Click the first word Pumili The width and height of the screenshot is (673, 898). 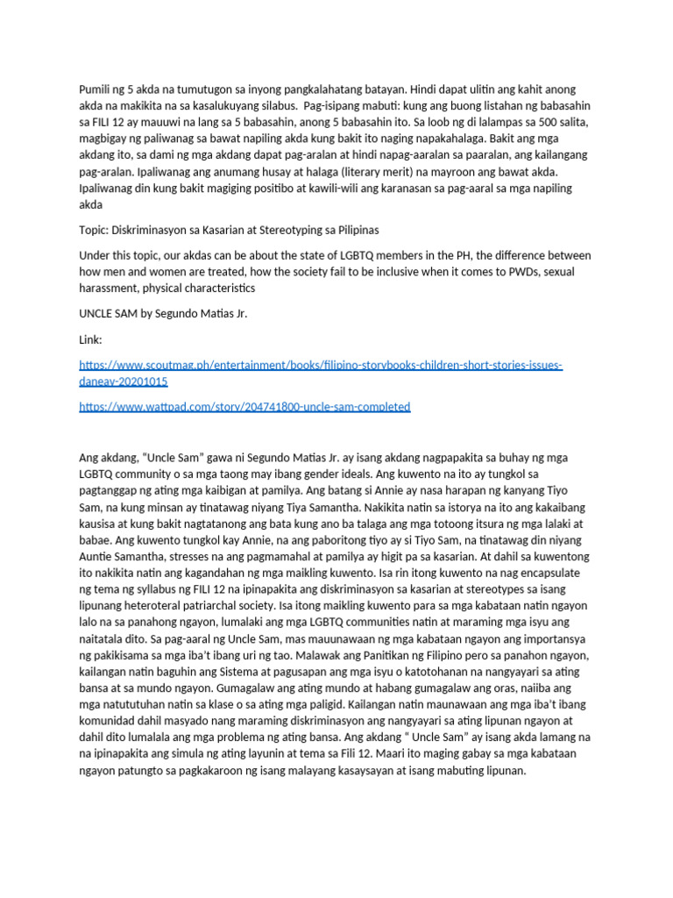(x=96, y=91)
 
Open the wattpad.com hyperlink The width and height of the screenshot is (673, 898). (x=244, y=407)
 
